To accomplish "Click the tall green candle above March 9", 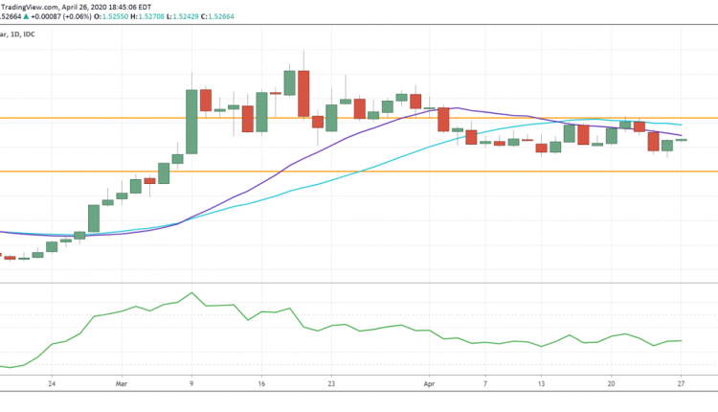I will pyautogui.click(x=191, y=121).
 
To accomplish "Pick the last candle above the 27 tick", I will pyautogui.click(x=681, y=140).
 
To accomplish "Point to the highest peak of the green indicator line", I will pyautogui.click(x=192, y=293).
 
